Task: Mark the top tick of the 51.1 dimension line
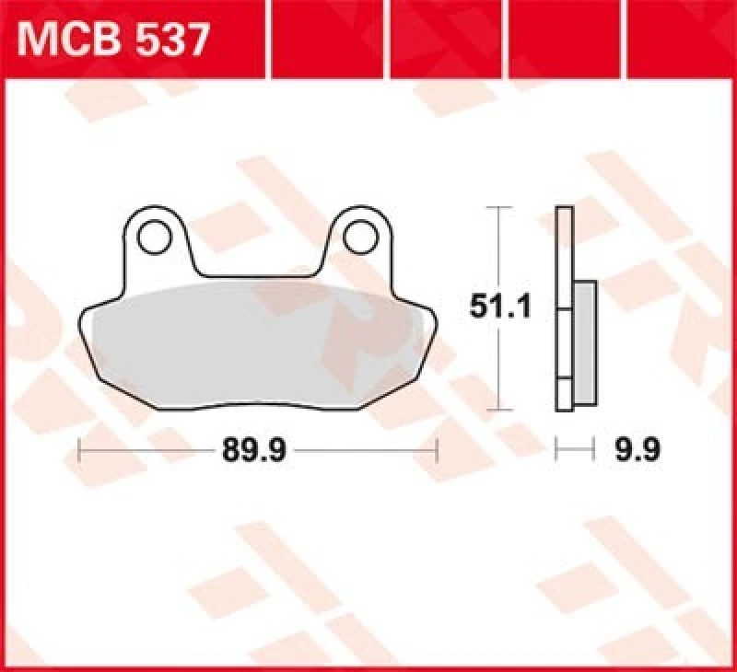point(498,209)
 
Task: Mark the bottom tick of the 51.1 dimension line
point(498,409)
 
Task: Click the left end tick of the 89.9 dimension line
point(81,451)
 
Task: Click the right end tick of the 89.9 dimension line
point(437,451)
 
